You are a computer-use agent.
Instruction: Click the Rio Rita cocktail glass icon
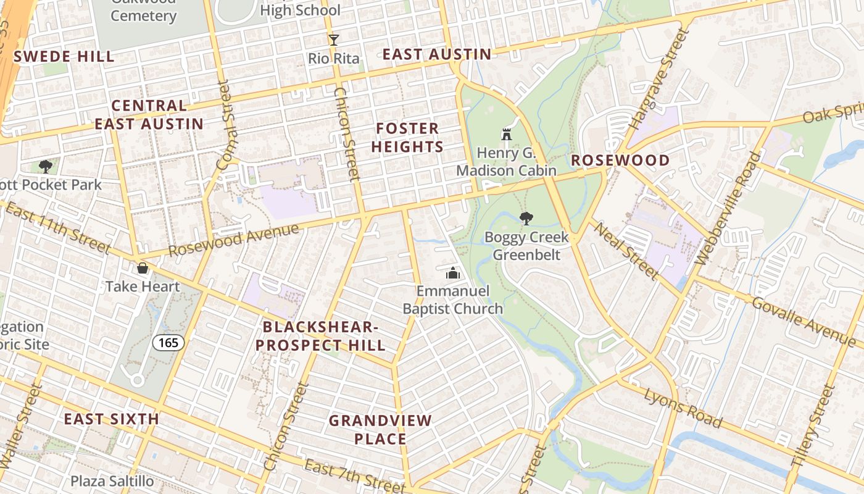pyautogui.click(x=334, y=40)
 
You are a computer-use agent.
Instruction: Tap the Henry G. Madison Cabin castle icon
pyautogui.click(x=507, y=134)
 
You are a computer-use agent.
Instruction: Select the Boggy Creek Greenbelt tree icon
pyautogui.click(x=526, y=218)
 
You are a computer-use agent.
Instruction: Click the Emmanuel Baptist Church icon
pyautogui.click(x=453, y=272)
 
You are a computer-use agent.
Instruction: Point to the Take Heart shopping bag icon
pyautogui.click(x=143, y=268)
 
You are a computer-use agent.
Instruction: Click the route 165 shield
pyautogui.click(x=169, y=343)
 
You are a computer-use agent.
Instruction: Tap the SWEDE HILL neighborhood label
pyautogui.click(x=64, y=57)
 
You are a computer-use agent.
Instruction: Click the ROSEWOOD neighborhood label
pyautogui.click(x=620, y=161)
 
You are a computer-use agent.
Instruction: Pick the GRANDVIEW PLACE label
pyautogui.click(x=380, y=430)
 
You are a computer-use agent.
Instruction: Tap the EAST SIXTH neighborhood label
pyautogui.click(x=112, y=419)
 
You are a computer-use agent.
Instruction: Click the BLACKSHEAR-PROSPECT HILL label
pyautogui.click(x=320, y=336)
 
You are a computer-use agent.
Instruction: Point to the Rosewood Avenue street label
pyautogui.click(x=234, y=241)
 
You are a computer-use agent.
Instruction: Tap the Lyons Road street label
pyautogui.click(x=683, y=408)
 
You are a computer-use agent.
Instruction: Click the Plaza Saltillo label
pyautogui.click(x=110, y=481)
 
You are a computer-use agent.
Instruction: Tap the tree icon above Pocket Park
pyautogui.click(x=45, y=165)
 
